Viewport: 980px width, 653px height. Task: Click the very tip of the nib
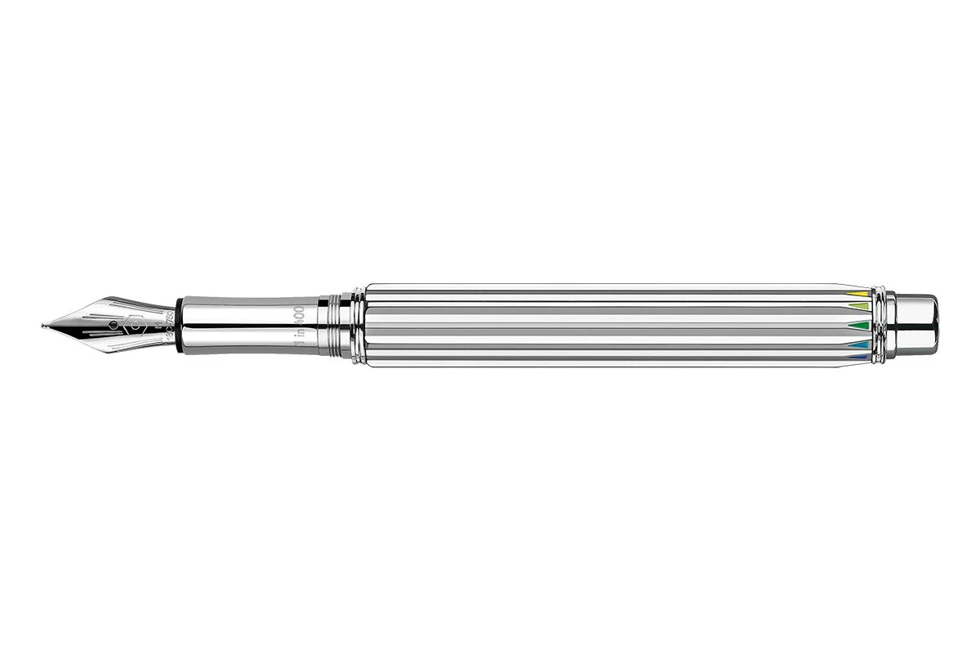pos(43,326)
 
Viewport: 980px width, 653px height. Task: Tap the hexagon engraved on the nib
pos(135,324)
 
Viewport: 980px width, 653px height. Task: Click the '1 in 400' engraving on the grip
pos(299,324)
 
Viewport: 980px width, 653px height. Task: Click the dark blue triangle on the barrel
pos(857,356)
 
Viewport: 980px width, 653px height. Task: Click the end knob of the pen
pos(919,325)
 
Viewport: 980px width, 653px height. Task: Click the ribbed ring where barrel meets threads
pos(357,325)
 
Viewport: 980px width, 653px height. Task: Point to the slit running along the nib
pos(82,326)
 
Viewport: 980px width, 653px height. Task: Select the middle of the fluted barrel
pos(608,325)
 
